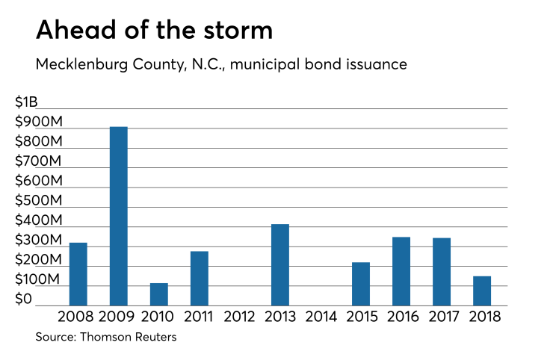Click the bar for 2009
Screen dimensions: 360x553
point(119,216)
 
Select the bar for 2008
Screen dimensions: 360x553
point(78,274)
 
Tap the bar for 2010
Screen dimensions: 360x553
point(159,294)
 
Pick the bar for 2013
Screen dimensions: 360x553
point(280,264)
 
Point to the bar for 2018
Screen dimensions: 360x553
point(482,291)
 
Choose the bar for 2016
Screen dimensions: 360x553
point(401,271)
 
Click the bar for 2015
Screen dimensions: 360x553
point(361,284)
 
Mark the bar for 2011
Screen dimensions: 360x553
point(200,278)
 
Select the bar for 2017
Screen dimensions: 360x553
point(442,271)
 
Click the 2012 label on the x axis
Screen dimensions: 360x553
point(240,316)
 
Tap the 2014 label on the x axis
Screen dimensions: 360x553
point(321,316)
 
